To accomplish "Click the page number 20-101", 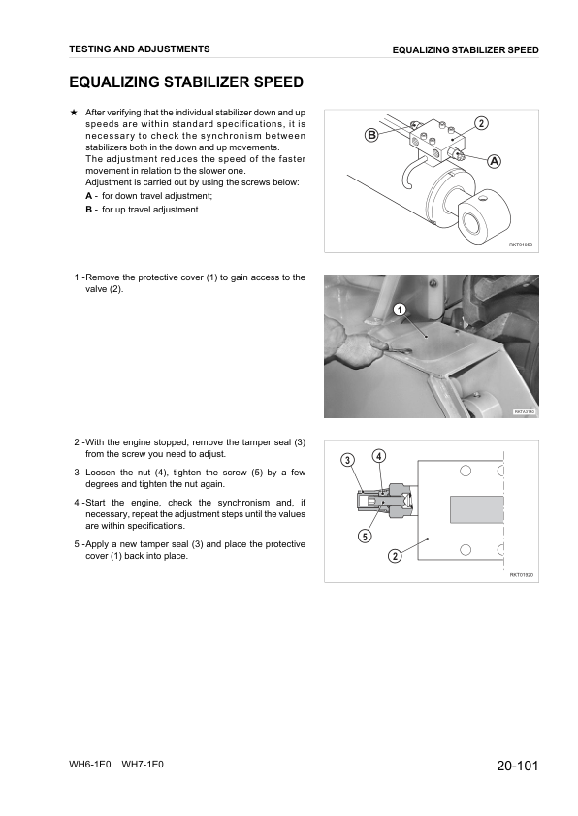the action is (517, 766).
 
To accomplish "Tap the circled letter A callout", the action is (494, 161).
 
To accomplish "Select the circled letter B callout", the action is (371, 135).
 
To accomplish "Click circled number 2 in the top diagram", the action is (482, 123).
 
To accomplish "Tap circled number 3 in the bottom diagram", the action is (347, 460).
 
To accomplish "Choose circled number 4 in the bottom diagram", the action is (379, 456).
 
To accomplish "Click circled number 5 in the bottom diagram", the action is (365, 536).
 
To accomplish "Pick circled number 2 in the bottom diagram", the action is (395, 556).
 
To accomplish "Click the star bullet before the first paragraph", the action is (74, 113).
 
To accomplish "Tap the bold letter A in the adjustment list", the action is (89, 196).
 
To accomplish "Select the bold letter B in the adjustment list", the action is (89, 210).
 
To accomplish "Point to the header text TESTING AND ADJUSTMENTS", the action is (140, 49).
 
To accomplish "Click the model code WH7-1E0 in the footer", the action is (143, 765).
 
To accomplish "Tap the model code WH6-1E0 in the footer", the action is (90, 765).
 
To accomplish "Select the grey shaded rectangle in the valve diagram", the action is (477, 509).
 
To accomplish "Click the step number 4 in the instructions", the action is (77, 503).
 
